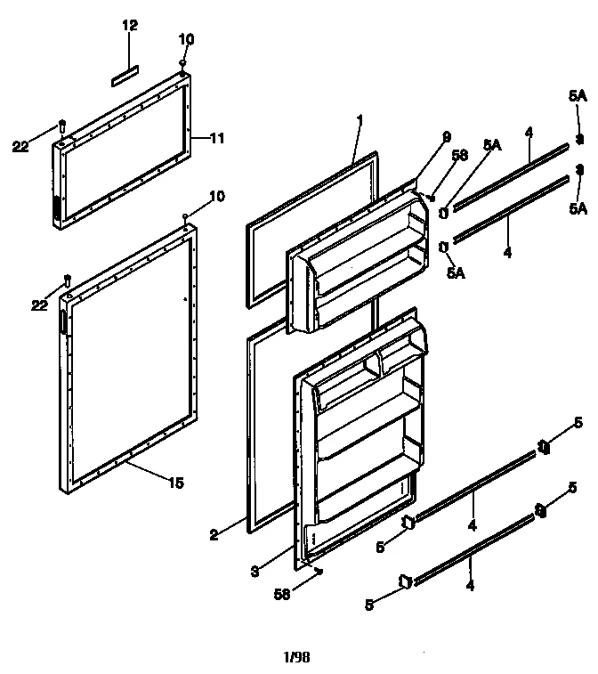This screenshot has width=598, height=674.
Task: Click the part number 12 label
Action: click(x=130, y=25)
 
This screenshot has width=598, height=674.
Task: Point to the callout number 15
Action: click(x=176, y=483)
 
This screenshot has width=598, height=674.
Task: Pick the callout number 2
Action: click(x=214, y=535)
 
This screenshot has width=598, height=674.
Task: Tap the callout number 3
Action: click(x=255, y=572)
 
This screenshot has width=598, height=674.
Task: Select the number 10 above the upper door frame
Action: click(x=185, y=40)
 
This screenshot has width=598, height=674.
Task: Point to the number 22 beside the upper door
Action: click(x=20, y=147)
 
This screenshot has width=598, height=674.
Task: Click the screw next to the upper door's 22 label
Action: click(x=61, y=125)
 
